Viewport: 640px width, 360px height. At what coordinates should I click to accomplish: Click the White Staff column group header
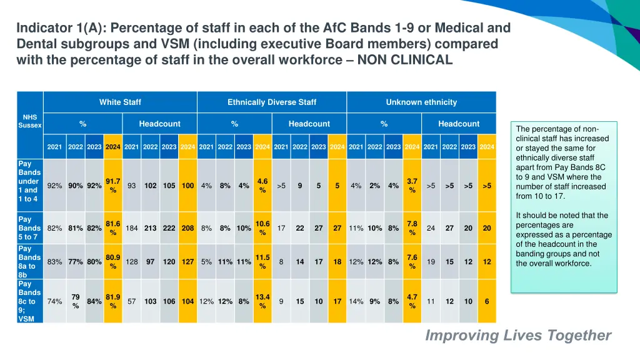[x=120, y=102]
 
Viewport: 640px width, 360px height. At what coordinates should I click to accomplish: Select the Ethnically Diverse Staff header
[x=272, y=102]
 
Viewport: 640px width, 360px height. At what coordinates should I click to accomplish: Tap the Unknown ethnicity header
[x=421, y=102]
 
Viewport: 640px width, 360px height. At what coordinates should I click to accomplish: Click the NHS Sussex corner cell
[x=30, y=121]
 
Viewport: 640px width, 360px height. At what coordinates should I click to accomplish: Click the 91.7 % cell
[x=113, y=186]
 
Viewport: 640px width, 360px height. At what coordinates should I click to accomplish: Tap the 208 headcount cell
[x=187, y=228]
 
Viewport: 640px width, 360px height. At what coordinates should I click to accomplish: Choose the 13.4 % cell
[x=262, y=301]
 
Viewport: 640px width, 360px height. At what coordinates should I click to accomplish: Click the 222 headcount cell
[x=169, y=228]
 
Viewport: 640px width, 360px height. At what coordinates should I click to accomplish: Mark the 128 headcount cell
[x=131, y=262]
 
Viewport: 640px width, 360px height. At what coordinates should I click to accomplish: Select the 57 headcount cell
[x=131, y=301]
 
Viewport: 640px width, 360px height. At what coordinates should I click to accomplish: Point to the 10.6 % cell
[x=262, y=228]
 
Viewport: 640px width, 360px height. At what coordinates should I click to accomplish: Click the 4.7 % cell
[x=412, y=301]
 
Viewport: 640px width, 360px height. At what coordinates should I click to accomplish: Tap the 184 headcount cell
[x=131, y=228]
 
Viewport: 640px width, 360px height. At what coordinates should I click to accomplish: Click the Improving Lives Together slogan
[x=518, y=336]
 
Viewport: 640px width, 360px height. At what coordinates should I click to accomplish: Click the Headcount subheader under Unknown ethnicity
[x=459, y=124]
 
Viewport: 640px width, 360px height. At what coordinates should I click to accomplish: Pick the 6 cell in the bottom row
[x=487, y=301]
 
